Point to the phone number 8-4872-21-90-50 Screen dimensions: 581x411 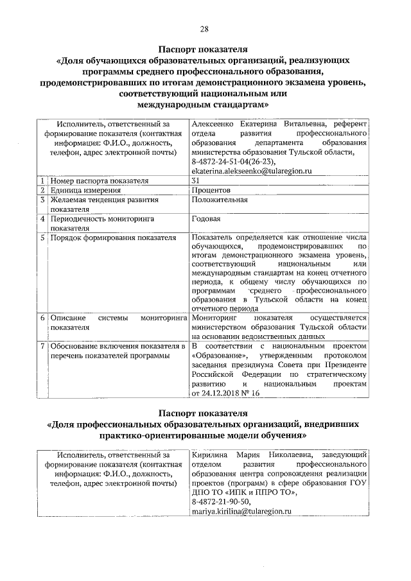coord(222,502)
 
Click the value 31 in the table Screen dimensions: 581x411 coord(196,180)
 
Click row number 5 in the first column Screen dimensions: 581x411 coord(42,238)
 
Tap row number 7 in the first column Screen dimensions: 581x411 coord(42,346)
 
